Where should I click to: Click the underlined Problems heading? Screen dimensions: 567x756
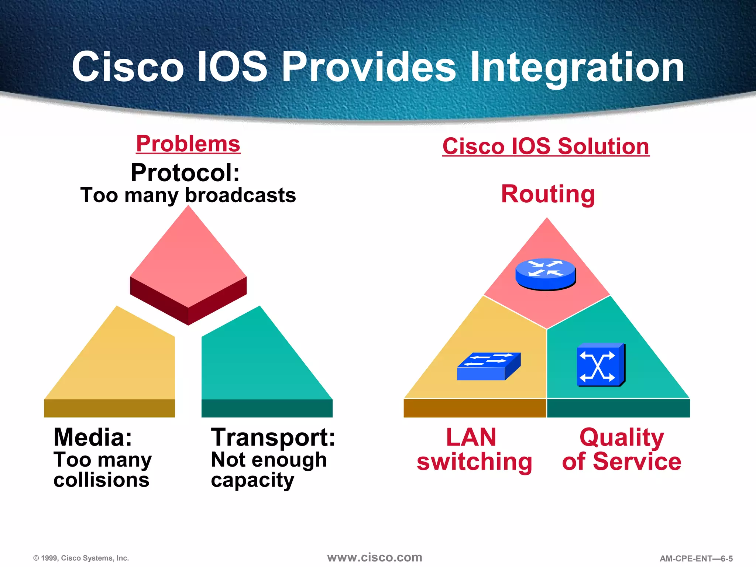[x=188, y=144]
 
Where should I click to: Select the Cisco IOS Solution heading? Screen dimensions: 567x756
[x=546, y=146]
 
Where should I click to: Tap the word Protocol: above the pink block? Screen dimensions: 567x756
[x=185, y=173]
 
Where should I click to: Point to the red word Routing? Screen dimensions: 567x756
[x=548, y=194]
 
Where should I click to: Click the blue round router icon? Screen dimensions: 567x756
[x=545, y=274]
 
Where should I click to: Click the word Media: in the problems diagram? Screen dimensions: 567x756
[x=93, y=437]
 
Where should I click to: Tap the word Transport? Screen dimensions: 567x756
[x=273, y=437]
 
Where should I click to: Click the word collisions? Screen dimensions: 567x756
[x=102, y=480]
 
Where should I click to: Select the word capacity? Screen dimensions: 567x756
[x=252, y=480]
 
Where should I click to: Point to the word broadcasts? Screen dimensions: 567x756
[x=240, y=195]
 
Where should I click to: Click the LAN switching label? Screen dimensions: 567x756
[x=474, y=449]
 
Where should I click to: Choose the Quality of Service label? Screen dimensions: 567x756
[x=622, y=449]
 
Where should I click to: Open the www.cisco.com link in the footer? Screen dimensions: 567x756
[x=374, y=557]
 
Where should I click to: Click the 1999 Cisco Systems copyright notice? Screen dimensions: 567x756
[x=81, y=558]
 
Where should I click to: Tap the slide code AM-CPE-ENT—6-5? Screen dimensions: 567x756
[x=696, y=559]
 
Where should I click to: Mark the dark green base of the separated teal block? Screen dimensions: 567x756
[x=267, y=408]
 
